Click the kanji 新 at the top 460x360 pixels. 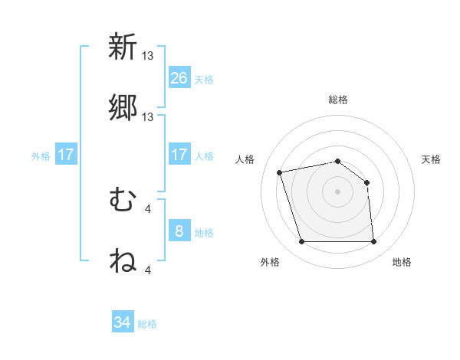pyautogui.click(x=123, y=47)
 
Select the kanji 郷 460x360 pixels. pyautogui.click(x=123, y=108)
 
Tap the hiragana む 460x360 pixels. pyautogui.click(x=123, y=200)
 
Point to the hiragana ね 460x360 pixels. pyautogui.click(x=123, y=261)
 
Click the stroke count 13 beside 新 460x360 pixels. pyautogui.click(x=149, y=55)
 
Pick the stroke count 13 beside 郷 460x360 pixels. pyautogui.click(x=149, y=116)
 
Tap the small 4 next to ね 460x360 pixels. pyautogui.click(x=147, y=270)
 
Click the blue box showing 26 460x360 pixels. pyautogui.click(x=179, y=77)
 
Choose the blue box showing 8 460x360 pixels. pyautogui.click(x=179, y=231)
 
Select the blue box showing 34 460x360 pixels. pyautogui.click(x=123, y=322)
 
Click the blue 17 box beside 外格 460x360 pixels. pyautogui.click(x=66, y=155)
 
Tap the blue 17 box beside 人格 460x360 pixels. pyautogui.click(x=179, y=155)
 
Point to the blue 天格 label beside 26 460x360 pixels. pyautogui.click(x=204, y=79)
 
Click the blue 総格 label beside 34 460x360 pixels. pyautogui.click(x=147, y=324)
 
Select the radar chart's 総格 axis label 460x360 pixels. pyautogui.click(x=338, y=100)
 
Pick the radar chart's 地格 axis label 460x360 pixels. pyautogui.click(x=402, y=262)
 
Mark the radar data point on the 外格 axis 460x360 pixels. pyautogui.click(x=301, y=242)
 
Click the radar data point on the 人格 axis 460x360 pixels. pyautogui.click(x=280, y=172)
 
